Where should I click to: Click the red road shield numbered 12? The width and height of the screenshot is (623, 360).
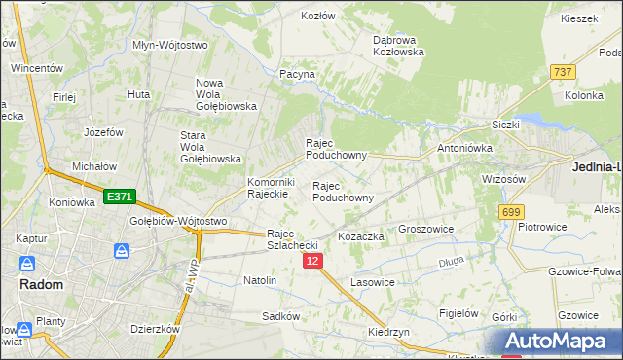[x=311, y=262]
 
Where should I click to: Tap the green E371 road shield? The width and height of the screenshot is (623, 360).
[x=119, y=197]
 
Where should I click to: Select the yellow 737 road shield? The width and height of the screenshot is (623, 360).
[x=562, y=72]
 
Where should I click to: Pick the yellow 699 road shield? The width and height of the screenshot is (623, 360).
[x=511, y=211]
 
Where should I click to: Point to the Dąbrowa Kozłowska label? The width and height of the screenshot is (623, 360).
[x=399, y=46]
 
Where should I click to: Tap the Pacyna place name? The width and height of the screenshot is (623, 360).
[x=297, y=74]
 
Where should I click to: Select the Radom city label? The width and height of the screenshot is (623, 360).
[x=42, y=285]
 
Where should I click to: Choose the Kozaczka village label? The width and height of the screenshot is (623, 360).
[x=361, y=236]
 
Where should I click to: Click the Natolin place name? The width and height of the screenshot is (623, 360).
[x=260, y=280]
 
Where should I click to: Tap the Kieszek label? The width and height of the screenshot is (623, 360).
[x=578, y=18]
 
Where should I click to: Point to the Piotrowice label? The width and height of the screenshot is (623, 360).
[x=543, y=227]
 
